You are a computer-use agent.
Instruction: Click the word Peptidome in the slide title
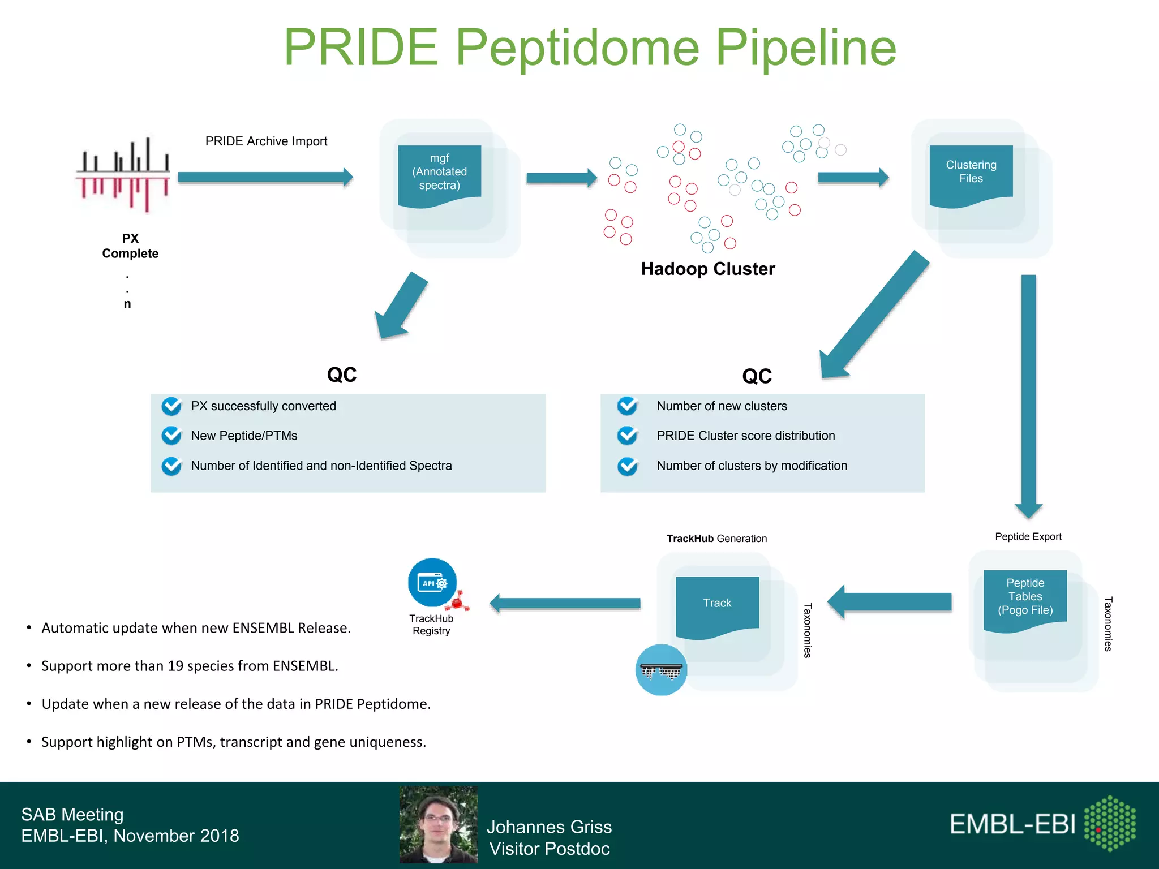click(577, 48)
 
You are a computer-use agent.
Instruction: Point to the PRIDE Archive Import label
click(266, 141)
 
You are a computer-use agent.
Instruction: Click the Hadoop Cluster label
click(707, 269)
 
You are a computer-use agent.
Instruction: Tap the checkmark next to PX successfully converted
click(171, 406)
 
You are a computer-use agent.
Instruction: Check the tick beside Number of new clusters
click(627, 406)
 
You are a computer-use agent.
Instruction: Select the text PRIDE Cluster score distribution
click(745, 436)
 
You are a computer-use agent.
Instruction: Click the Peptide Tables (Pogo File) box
click(1025, 599)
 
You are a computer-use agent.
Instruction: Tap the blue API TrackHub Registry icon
click(432, 583)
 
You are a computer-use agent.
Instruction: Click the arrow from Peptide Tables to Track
click(890, 602)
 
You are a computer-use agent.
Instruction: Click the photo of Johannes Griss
click(439, 824)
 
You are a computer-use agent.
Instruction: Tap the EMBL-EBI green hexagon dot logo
click(1110, 823)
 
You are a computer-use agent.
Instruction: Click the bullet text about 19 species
click(190, 666)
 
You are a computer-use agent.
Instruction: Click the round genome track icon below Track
click(661, 670)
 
